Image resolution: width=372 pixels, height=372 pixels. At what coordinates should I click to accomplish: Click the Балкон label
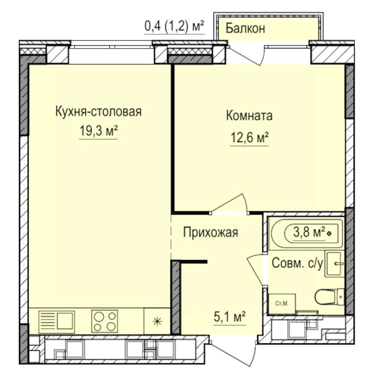pyautogui.click(x=245, y=28)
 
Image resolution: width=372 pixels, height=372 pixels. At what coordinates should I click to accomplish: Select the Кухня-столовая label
pyautogui.click(x=98, y=112)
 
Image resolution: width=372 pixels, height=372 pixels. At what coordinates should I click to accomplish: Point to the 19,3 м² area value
pyautogui.click(x=98, y=131)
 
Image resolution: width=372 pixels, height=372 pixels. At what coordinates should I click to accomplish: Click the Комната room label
pyautogui.click(x=249, y=116)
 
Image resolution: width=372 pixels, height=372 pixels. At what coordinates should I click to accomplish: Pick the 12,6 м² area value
pyautogui.click(x=249, y=138)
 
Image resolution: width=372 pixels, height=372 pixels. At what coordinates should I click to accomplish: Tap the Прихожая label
pyautogui.click(x=210, y=232)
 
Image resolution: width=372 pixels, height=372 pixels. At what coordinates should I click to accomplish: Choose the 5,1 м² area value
pyautogui.click(x=229, y=317)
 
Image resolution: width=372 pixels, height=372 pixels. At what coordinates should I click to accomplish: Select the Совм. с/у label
pyautogui.click(x=298, y=263)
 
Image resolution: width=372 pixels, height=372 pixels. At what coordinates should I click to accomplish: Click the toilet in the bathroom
pyautogui.click(x=329, y=296)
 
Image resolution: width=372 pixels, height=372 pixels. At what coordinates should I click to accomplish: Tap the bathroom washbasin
pyautogui.click(x=334, y=263)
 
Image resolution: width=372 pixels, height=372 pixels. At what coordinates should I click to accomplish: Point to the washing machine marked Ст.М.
pyautogui.click(x=282, y=304)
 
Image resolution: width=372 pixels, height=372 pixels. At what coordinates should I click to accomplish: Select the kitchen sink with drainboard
pyautogui.click(x=57, y=321)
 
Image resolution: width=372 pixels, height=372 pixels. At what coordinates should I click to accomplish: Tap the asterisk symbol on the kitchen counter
pyautogui.click(x=157, y=322)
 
